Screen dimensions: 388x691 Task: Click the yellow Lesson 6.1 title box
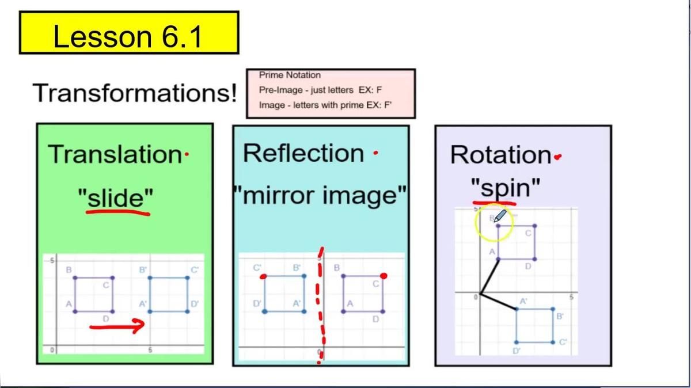pos(129,33)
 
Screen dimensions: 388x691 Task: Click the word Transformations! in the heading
pos(135,93)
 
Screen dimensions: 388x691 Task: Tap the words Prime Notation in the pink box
pos(290,75)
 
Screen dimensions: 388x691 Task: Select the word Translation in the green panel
pos(115,154)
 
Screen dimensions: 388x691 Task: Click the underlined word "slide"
pos(117,198)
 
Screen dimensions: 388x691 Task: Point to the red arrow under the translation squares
pos(117,327)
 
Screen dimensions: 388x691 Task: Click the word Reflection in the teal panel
pos(303,153)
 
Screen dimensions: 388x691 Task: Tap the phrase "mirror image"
pos(320,196)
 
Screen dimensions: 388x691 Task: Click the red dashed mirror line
pos(320,305)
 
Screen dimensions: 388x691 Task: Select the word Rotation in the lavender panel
pos(500,155)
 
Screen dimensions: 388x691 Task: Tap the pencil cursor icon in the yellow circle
pos(500,216)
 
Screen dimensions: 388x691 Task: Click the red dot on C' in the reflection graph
pos(263,276)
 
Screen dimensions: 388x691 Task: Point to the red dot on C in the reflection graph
pos(384,276)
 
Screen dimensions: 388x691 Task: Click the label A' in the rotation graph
pos(524,301)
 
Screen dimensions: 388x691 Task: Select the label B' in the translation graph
pos(143,269)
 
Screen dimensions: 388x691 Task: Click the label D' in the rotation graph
pos(517,351)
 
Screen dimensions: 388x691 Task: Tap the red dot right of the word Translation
pos(186,154)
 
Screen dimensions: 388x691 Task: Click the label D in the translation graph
pos(105,319)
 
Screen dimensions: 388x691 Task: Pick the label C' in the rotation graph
pos(563,342)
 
